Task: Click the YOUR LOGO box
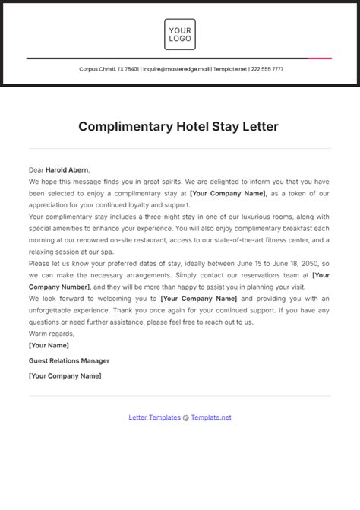(180, 34)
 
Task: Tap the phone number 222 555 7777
(267, 69)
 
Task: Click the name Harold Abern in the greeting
(67, 170)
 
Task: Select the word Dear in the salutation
(36, 170)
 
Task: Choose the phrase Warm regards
(52, 333)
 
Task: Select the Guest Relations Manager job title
(69, 360)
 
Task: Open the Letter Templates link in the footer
(154, 417)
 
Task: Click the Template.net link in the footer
(211, 417)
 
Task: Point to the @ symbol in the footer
(186, 417)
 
